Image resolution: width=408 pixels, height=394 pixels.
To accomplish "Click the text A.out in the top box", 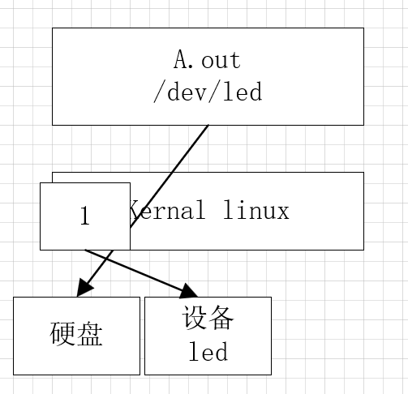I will pos(208,60).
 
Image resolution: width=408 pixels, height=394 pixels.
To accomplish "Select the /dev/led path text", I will pos(208,92).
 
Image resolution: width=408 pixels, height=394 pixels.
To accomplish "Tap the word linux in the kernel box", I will pos(256,212).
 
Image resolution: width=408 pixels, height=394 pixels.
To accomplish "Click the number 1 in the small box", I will pos(84,216).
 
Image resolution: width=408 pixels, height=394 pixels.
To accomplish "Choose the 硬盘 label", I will pos(76,334).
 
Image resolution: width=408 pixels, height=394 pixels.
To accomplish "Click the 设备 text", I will pos(208,319).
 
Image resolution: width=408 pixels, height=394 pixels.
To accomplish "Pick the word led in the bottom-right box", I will pos(208,352).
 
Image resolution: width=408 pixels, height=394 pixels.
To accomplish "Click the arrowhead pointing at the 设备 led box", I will pos(190,292).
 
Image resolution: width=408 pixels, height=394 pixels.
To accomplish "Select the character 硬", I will pos(63,334).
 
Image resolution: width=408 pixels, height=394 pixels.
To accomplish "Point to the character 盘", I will pos(90,334).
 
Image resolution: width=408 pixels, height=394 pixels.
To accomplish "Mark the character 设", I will pos(195,319).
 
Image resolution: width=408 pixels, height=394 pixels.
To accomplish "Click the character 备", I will pos(221,319).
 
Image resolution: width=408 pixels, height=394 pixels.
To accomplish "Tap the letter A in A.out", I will pos(180,60).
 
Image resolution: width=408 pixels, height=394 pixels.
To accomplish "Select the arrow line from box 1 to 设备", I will pos(138,272).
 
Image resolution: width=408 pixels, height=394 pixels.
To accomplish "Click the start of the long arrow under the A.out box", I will pos(207,127).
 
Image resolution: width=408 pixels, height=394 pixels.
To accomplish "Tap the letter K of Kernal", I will pos(135,212).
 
